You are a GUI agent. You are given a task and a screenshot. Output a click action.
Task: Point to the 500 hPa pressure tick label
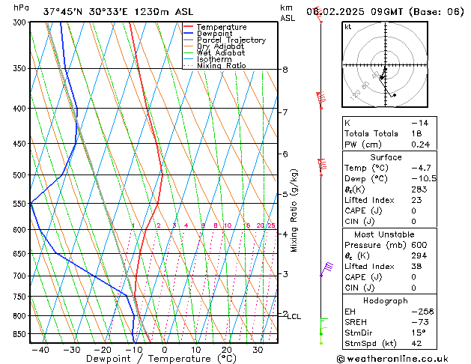pyautogui.click(x=15, y=175)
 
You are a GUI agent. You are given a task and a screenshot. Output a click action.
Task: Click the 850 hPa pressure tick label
pyautogui.click(x=15, y=334)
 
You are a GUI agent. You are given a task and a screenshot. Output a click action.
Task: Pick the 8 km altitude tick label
pyautogui.click(x=285, y=70)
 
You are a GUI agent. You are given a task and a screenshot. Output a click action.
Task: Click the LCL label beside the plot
pyautogui.click(x=294, y=317)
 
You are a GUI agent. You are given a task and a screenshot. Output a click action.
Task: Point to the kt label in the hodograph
pyautogui.click(x=347, y=27)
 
